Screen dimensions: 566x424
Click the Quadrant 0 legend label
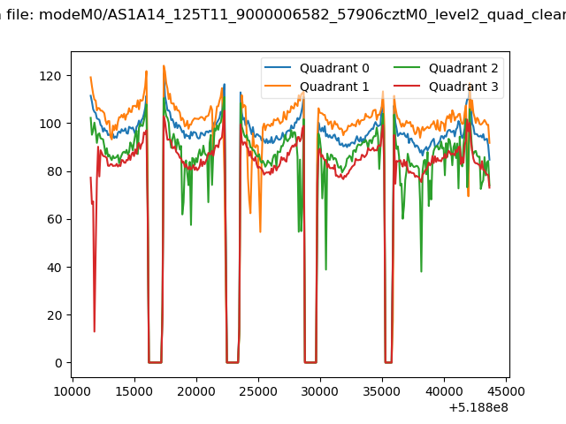click(334, 68)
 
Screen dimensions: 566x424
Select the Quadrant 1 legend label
click(334, 87)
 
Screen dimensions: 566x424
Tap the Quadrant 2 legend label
click(463, 68)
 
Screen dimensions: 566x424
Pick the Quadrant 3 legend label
click(463, 87)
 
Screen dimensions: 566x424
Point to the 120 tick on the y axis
click(50, 76)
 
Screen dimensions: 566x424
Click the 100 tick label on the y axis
click(50, 124)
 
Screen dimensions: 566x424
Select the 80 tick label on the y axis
click(54, 171)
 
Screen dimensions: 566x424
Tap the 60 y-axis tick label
click(54, 219)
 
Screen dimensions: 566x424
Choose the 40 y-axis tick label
click(54, 267)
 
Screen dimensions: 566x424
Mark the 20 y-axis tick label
click(54, 315)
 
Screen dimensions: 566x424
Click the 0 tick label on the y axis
click(58, 363)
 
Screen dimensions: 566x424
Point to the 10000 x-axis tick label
click(73, 391)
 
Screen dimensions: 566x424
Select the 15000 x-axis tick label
click(134, 391)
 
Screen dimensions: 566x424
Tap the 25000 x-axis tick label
click(258, 391)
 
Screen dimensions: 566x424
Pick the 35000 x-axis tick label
click(382, 391)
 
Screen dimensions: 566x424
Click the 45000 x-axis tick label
click(506, 391)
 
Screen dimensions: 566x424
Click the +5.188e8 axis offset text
click(478, 408)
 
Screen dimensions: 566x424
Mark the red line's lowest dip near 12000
click(95, 331)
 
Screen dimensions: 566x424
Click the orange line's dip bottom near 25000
click(260, 231)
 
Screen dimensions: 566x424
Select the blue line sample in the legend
click(278, 67)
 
